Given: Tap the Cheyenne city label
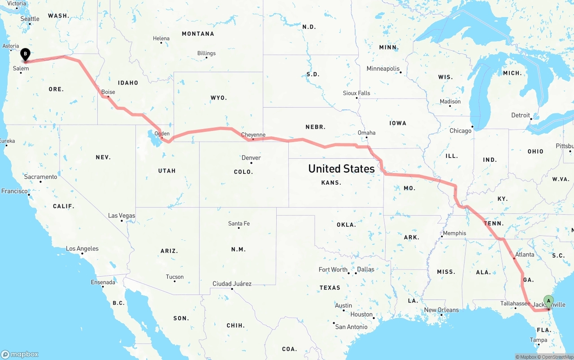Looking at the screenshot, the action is [253, 134].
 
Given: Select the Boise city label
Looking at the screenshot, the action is [108, 92].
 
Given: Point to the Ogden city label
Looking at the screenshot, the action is [162, 134].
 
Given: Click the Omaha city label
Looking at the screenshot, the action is [366, 133].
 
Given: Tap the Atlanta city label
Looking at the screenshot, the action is [525, 255].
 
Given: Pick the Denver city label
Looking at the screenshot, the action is [251, 158].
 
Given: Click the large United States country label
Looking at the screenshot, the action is [341, 169].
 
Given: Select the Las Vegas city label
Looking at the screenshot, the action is [122, 216].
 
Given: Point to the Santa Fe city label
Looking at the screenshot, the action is [239, 223].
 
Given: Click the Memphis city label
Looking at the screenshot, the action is [454, 233].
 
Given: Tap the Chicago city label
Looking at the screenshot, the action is [461, 131].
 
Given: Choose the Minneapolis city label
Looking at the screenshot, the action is [383, 69].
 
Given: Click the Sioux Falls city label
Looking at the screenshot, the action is [357, 93].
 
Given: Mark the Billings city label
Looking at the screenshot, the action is [206, 53].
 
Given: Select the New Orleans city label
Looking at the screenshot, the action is [441, 310].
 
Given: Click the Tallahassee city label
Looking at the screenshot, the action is [515, 304].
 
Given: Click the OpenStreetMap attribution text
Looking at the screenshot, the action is [557, 357].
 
